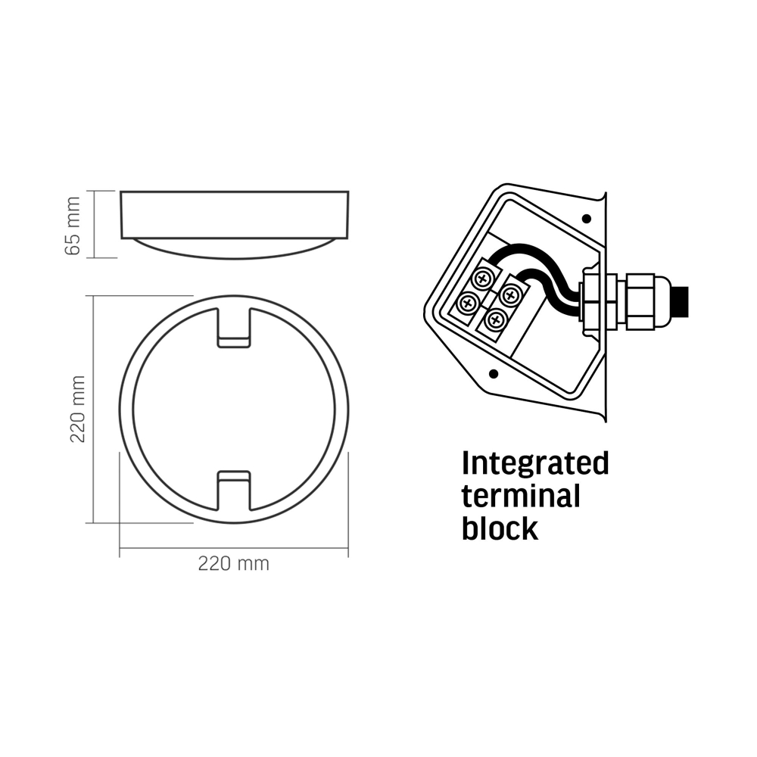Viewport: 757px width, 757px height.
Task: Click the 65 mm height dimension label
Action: tap(73, 225)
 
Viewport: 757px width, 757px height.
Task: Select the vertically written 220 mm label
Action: tap(76, 409)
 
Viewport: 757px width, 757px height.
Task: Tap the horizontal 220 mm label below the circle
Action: tap(233, 564)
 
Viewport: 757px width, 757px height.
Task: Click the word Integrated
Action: tap(535, 463)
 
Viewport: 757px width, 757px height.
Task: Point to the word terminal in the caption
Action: tap(521, 497)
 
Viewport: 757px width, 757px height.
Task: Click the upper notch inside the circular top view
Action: tap(233, 327)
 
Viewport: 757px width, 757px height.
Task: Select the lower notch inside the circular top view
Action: tap(233, 490)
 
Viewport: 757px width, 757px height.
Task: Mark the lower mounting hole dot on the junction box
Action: tap(494, 374)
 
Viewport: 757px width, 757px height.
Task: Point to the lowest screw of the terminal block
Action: tap(494, 321)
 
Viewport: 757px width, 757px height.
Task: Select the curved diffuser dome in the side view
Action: tap(234, 248)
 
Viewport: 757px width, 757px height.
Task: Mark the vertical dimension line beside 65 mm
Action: tap(95, 225)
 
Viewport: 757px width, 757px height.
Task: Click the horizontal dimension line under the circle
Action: tap(233, 550)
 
